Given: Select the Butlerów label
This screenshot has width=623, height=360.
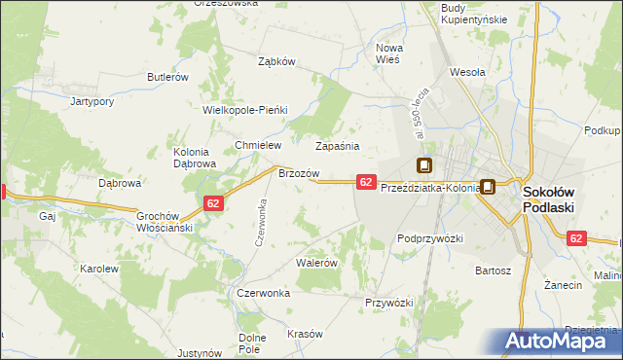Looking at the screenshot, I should click(x=166, y=77).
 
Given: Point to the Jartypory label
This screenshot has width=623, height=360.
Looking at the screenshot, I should click(x=93, y=100).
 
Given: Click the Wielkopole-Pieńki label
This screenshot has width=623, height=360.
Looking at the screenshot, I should click(x=245, y=110).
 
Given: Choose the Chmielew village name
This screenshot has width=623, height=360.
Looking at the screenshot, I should click(x=258, y=145).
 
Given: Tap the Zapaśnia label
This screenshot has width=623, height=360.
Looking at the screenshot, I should click(x=338, y=146).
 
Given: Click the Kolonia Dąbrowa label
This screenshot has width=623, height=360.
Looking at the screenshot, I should click(x=193, y=158).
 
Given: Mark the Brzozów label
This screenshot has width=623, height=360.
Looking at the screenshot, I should click(x=299, y=173).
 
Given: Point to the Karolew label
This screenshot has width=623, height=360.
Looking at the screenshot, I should click(x=99, y=268).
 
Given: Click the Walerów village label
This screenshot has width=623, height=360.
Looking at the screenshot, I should click(x=316, y=263).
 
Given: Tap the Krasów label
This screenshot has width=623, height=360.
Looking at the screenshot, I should click(x=305, y=334).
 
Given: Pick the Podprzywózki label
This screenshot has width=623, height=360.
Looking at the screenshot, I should click(x=429, y=237).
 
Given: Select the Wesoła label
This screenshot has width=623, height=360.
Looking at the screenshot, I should click(x=467, y=71).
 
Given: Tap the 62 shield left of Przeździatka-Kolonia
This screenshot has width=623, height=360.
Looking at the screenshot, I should click(x=366, y=182).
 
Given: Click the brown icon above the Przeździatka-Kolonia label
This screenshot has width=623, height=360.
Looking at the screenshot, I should click(x=424, y=165).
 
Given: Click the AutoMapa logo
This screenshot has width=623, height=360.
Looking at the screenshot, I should click(x=562, y=342).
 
